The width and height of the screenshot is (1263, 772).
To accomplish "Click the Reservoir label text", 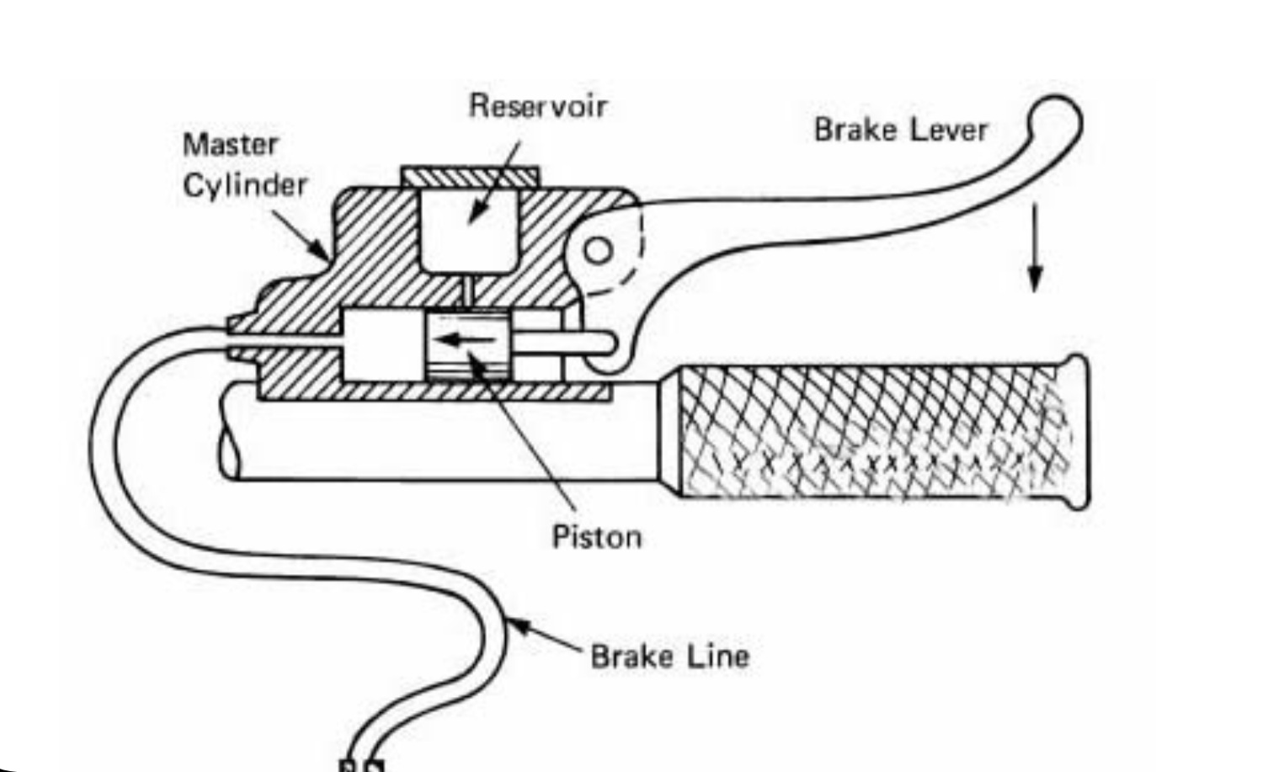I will coord(537,106).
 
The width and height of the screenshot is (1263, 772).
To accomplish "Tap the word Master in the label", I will coord(230,145).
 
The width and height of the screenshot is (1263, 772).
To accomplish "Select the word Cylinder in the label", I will coord(245,185).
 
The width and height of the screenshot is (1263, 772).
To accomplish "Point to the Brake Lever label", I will coord(900,130).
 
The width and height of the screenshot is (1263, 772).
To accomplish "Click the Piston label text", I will coord(596,536).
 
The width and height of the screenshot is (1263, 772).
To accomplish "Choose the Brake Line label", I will coord(669,656).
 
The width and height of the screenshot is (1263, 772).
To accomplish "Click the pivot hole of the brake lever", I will coord(599,251).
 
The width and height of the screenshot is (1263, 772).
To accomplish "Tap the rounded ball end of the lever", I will coord(1054,120).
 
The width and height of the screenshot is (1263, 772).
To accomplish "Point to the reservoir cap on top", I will coord(470,177).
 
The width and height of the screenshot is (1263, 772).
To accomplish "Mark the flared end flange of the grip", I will coord(1077,431).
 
